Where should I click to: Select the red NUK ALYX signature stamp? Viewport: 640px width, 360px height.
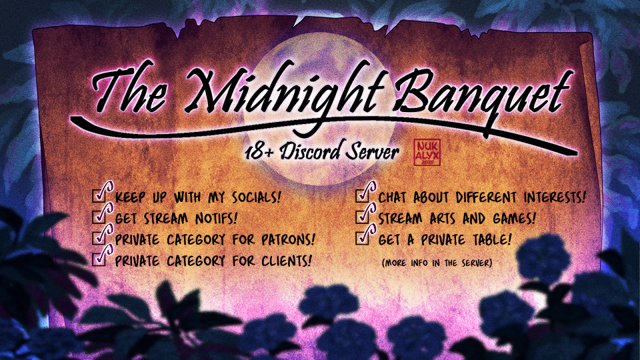tap(427, 152)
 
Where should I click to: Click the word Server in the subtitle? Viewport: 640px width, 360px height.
tap(372, 152)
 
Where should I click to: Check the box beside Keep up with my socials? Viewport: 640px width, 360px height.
tap(99, 195)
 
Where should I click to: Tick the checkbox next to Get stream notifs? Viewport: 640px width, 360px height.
tap(99, 216)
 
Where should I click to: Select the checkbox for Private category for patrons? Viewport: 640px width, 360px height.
tap(99, 237)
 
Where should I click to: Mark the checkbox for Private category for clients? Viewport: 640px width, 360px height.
tap(99, 259)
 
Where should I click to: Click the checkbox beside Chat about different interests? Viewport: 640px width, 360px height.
tap(363, 195)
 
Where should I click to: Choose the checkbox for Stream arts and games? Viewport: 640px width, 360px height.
tap(363, 216)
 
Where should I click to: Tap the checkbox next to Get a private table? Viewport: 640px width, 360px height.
tap(363, 237)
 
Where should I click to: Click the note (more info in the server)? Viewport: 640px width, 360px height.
tap(437, 263)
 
